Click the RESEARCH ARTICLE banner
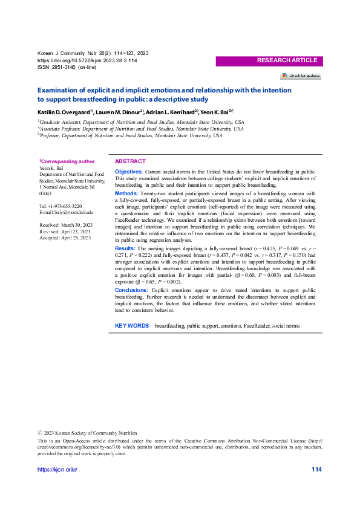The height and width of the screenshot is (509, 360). [x=287, y=60]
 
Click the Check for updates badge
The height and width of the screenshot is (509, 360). [x=300, y=76]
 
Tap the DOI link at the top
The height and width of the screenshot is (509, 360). [x=87, y=61]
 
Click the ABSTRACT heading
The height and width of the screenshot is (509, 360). [x=130, y=161]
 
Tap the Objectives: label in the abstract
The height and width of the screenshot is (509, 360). [x=129, y=172]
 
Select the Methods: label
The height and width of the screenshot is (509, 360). [x=126, y=193]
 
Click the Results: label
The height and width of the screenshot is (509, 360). [x=125, y=249]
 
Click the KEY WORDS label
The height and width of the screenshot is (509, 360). [x=132, y=326]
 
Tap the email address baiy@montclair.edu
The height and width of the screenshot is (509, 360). [x=72, y=213]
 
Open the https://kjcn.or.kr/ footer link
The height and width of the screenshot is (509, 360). [x=57, y=470]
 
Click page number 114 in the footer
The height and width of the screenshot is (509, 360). [x=316, y=470]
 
